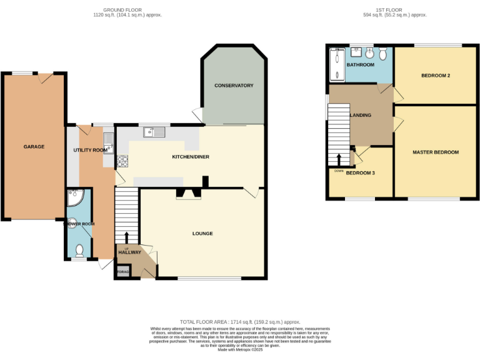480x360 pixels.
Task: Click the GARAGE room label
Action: click(x=34, y=147)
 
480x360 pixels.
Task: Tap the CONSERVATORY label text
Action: click(x=234, y=86)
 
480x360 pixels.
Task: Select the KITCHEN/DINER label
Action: click(x=191, y=157)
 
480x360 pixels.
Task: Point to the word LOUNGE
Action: click(x=202, y=234)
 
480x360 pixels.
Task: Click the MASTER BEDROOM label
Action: click(x=435, y=152)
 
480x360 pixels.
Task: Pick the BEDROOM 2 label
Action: click(x=436, y=76)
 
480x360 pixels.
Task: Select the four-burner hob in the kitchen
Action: click(x=122, y=161)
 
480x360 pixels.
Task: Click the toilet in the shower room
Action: click(x=79, y=251)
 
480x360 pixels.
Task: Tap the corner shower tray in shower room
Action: click(x=74, y=198)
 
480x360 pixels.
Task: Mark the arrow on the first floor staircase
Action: click(x=339, y=159)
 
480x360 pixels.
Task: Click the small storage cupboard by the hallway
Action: click(x=122, y=272)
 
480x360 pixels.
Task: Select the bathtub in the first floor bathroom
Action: click(x=337, y=65)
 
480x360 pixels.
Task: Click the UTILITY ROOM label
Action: click(x=91, y=151)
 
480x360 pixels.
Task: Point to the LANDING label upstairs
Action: click(x=361, y=116)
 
